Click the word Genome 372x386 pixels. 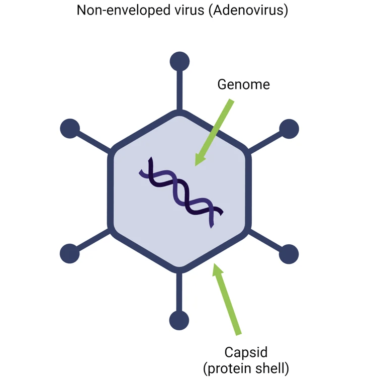[243, 84]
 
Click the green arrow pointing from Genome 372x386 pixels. [214, 132]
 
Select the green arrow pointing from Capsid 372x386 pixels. [226, 299]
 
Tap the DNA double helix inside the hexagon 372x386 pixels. [180, 192]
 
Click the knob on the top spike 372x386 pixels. [179, 62]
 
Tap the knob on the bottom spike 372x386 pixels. [179, 320]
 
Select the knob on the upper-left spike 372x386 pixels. [70, 129]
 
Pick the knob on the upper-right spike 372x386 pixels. [289, 129]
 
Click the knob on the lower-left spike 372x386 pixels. [70, 253]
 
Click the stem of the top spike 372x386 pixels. [179, 90]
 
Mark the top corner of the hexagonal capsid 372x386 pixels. [179, 113]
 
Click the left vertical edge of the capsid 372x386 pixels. [111, 191]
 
